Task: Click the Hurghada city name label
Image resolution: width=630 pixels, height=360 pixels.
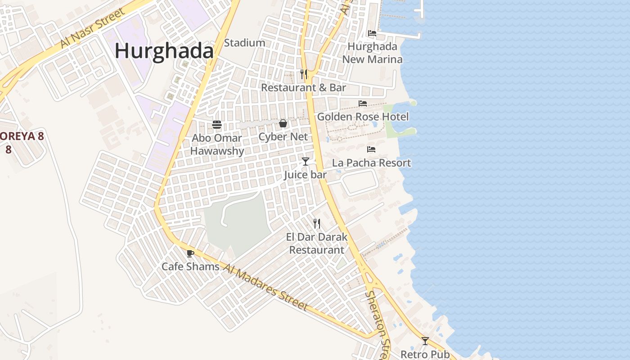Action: pos(164,51)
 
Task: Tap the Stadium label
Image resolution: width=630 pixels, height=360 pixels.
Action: pos(244,43)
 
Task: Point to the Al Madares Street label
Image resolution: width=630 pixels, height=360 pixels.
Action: pos(266,288)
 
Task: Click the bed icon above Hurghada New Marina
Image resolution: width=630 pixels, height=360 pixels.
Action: pos(372,33)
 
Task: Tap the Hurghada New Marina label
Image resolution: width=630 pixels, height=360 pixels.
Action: pos(373,53)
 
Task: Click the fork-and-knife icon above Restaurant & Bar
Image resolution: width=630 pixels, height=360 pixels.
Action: pos(304,74)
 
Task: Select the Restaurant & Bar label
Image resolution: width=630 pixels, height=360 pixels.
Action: pos(304,88)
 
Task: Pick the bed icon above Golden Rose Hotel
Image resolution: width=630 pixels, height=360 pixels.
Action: pos(363,103)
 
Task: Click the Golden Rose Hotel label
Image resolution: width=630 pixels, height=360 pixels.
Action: pos(363,117)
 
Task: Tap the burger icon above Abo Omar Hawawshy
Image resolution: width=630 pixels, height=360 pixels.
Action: pos(217,125)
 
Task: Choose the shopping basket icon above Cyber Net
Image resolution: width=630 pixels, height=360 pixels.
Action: pos(283,123)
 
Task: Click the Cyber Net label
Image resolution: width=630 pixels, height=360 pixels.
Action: pos(283,137)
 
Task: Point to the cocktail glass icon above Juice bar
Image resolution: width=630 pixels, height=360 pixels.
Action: pos(306,161)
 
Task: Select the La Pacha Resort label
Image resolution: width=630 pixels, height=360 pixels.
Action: pos(372,163)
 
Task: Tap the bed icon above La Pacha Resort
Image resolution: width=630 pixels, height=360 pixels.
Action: pos(371,149)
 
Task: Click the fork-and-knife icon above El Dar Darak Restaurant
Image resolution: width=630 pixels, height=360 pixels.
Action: pos(317,223)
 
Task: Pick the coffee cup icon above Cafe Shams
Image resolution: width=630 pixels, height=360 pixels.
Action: pos(190,253)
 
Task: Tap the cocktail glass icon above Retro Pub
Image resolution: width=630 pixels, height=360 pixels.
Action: pos(425,341)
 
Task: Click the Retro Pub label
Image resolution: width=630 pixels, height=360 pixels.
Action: pos(425,354)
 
